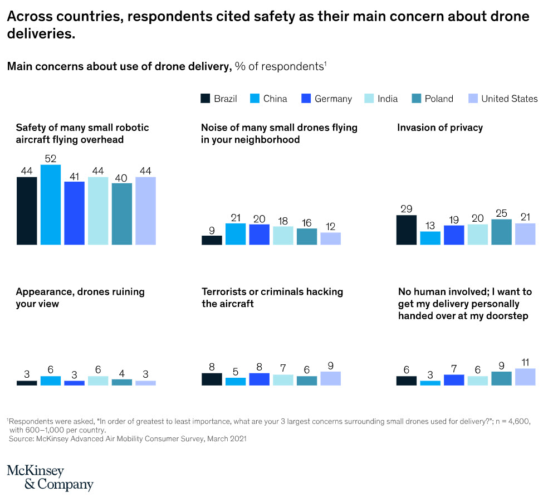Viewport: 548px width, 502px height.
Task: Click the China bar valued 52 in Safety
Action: (x=51, y=204)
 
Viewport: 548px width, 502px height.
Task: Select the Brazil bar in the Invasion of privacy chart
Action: (x=407, y=230)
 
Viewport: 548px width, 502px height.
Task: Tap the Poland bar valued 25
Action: (x=501, y=232)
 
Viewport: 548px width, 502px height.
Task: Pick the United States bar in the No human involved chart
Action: (x=525, y=377)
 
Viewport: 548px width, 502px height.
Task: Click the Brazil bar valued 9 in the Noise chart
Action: (x=212, y=240)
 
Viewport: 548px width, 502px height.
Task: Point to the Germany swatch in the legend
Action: (x=305, y=99)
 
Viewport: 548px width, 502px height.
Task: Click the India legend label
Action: (x=388, y=99)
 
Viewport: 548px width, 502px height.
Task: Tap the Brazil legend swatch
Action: (x=205, y=99)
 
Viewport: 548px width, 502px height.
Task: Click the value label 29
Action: (x=407, y=208)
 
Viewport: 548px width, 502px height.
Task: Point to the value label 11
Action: (x=525, y=362)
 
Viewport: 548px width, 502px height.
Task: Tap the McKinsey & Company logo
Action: (x=50, y=477)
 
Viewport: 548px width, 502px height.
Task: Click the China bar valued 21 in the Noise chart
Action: (x=236, y=234)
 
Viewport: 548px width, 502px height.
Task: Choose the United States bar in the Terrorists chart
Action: (x=330, y=378)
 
